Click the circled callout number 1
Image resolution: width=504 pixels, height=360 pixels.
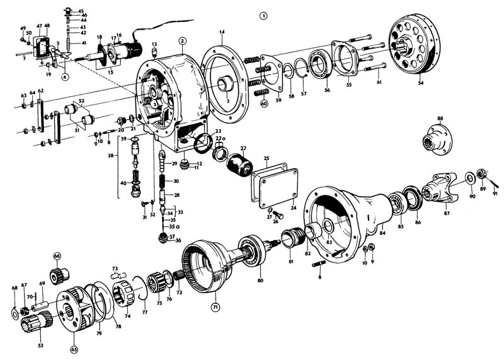point(263,15)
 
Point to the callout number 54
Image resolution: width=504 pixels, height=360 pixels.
point(421,83)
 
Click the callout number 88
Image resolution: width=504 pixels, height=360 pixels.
point(440,119)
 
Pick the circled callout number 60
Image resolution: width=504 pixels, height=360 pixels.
point(263,104)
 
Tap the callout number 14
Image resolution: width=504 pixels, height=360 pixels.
point(222,32)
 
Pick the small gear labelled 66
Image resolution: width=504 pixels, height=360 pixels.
point(59,274)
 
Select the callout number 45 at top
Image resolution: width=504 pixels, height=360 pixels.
point(80,11)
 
